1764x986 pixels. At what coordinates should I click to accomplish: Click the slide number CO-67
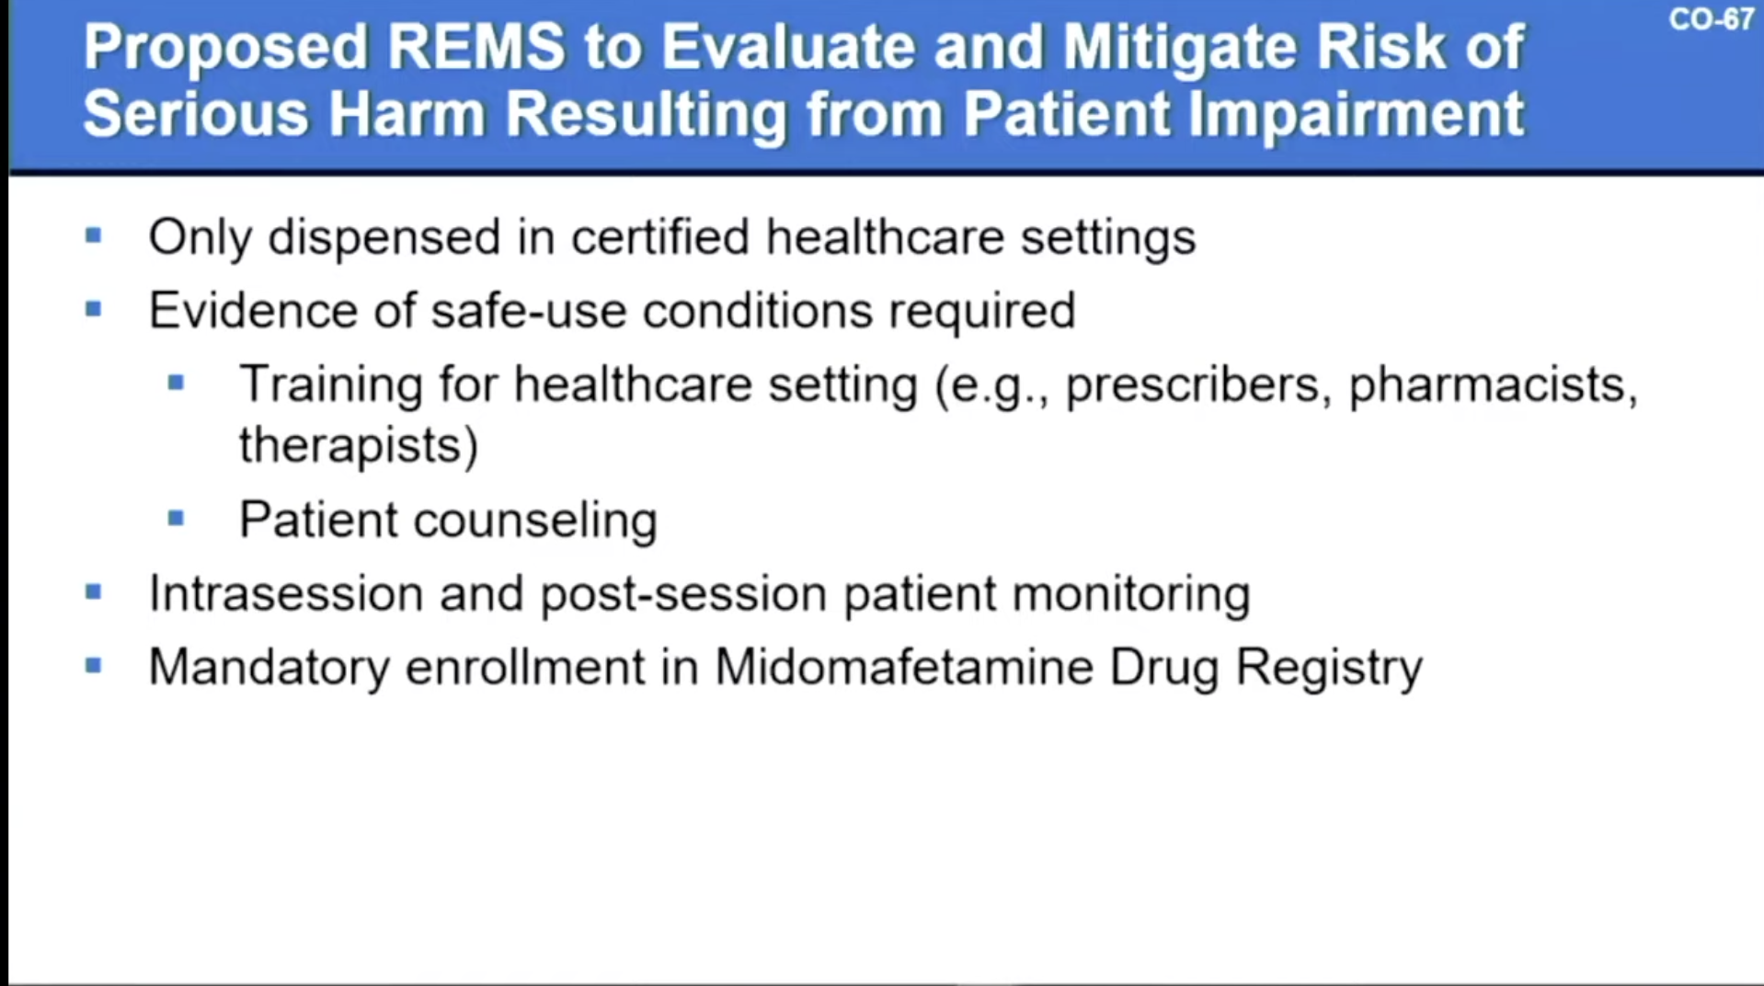(x=1711, y=19)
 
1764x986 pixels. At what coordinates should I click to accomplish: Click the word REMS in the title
(x=475, y=47)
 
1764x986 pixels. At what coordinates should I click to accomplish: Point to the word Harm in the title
(x=406, y=115)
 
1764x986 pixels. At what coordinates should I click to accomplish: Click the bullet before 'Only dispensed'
(x=94, y=235)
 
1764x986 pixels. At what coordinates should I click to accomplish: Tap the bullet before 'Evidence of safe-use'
(x=94, y=309)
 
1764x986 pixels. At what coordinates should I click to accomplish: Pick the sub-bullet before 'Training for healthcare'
(x=177, y=383)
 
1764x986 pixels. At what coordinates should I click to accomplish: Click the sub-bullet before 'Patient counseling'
(x=177, y=519)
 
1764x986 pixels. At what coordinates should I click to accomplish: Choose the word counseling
(x=535, y=521)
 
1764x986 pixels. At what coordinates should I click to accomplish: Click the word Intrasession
(x=286, y=593)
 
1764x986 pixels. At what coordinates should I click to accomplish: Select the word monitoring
(x=1131, y=594)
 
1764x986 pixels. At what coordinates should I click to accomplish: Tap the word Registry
(x=1329, y=668)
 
